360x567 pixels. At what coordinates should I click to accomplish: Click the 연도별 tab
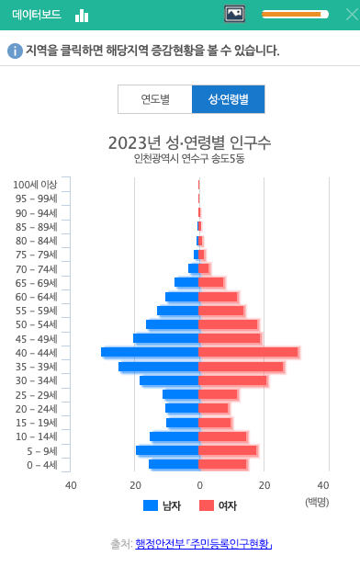pyautogui.click(x=154, y=99)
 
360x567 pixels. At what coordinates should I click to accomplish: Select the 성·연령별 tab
pyautogui.click(x=228, y=99)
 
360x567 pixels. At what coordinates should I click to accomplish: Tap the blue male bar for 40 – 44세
pyautogui.click(x=150, y=352)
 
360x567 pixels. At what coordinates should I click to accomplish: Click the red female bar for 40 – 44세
pyautogui.click(x=248, y=352)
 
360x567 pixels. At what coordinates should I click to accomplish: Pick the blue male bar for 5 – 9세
pyautogui.click(x=167, y=450)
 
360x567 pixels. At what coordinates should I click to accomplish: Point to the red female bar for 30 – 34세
pyautogui.click(x=232, y=380)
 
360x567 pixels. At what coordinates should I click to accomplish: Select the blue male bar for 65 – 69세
pyautogui.click(x=186, y=282)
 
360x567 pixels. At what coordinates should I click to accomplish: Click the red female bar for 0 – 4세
pyautogui.click(x=222, y=464)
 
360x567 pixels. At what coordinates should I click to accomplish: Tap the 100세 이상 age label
pyautogui.click(x=36, y=185)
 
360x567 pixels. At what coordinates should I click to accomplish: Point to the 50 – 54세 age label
pyautogui.click(x=36, y=324)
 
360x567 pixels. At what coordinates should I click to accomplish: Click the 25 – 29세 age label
pyautogui.click(x=36, y=394)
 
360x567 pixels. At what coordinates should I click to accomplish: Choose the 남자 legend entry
pyautogui.click(x=163, y=505)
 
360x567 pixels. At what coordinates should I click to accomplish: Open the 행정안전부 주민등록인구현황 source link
pyautogui.click(x=203, y=544)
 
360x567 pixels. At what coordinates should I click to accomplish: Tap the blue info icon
pyautogui.click(x=15, y=51)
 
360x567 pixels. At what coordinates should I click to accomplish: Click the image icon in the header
pyautogui.click(x=234, y=14)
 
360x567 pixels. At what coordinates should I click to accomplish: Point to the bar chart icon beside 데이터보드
pyautogui.click(x=82, y=15)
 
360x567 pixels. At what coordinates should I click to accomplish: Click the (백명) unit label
pyautogui.click(x=317, y=502)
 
